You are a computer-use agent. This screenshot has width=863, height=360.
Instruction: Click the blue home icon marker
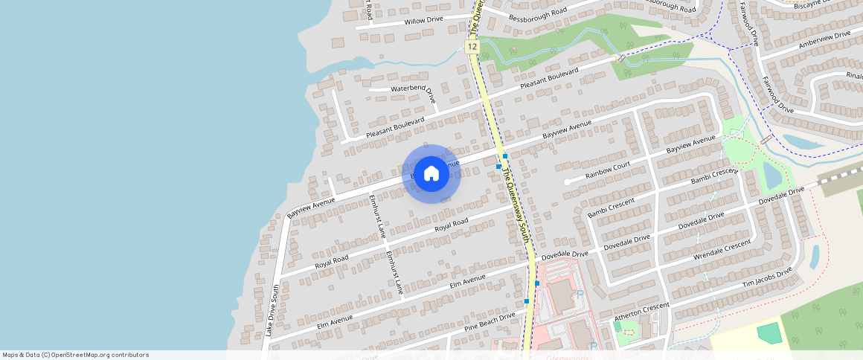431,174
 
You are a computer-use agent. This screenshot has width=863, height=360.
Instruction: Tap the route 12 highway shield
472,47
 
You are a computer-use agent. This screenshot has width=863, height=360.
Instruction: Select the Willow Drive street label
423,20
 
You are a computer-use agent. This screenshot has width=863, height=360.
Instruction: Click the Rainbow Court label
607,170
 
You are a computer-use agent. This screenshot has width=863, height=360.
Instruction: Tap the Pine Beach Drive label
490,322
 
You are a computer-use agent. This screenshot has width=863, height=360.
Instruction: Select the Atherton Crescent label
641,312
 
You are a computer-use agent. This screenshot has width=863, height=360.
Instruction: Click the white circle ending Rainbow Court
567,181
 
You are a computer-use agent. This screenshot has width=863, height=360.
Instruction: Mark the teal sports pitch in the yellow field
769,333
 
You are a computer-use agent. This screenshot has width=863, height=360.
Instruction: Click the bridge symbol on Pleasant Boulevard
621,58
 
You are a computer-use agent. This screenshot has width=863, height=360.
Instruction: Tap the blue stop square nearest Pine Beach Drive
527,301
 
